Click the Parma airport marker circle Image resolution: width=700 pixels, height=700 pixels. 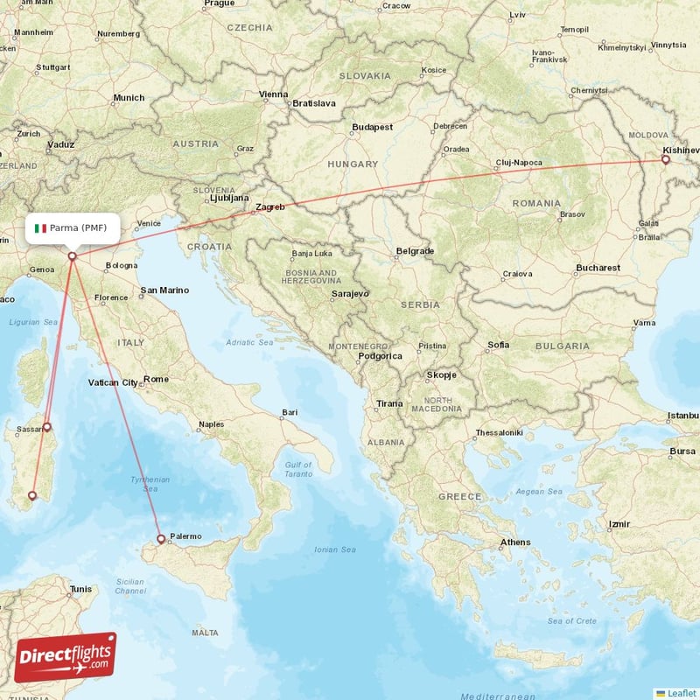point(72,256)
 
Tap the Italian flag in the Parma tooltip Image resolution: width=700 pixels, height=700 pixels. point(40,228)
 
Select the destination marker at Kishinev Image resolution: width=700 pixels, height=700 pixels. point(666,159)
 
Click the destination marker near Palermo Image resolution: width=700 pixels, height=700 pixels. point(160,539)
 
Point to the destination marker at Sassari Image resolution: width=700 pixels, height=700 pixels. point(47,427)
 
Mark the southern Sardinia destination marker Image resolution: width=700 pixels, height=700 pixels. point(32,496)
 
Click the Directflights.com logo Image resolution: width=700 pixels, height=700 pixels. point(66,657)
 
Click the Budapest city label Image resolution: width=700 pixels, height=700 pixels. point(372,128)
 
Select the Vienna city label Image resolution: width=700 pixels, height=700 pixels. point(273,94)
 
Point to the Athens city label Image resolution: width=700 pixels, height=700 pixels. point(514,542)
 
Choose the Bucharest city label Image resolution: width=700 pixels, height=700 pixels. point(598,268)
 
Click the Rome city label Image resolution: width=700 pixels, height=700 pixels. point(156,380)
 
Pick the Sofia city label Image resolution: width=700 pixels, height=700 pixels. point(498,345)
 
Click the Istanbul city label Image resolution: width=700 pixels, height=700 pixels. point(682,415)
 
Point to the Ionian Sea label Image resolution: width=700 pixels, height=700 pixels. point(336,549)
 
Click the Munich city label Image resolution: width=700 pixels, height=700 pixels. point(129,98)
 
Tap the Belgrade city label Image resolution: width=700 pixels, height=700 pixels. point(415,251)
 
